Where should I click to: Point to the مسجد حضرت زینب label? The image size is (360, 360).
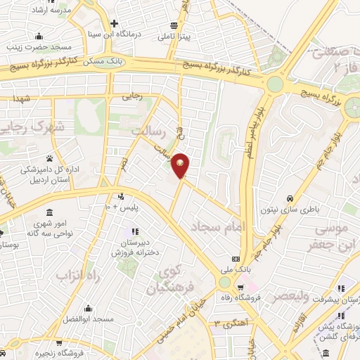pyautogui.click(x=35, y=48)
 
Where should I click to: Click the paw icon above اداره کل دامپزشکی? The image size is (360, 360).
pyautogui.click(x=49, y=157)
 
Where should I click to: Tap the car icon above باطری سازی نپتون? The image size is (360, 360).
pyautogui.click(x=290, y=199)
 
